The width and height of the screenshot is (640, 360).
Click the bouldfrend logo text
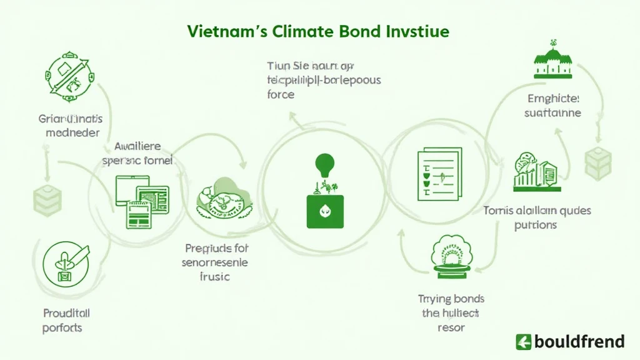point(578,341)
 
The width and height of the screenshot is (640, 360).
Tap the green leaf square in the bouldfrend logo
point(523,341)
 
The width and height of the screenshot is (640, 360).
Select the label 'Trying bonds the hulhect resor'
point(451,312)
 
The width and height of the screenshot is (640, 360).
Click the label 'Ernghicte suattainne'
point(554,106)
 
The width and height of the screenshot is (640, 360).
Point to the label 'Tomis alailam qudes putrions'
point(537,217)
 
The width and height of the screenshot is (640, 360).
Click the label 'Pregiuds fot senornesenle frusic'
point(215,262)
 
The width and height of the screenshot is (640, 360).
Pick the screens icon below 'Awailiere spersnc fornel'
point(142,200)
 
